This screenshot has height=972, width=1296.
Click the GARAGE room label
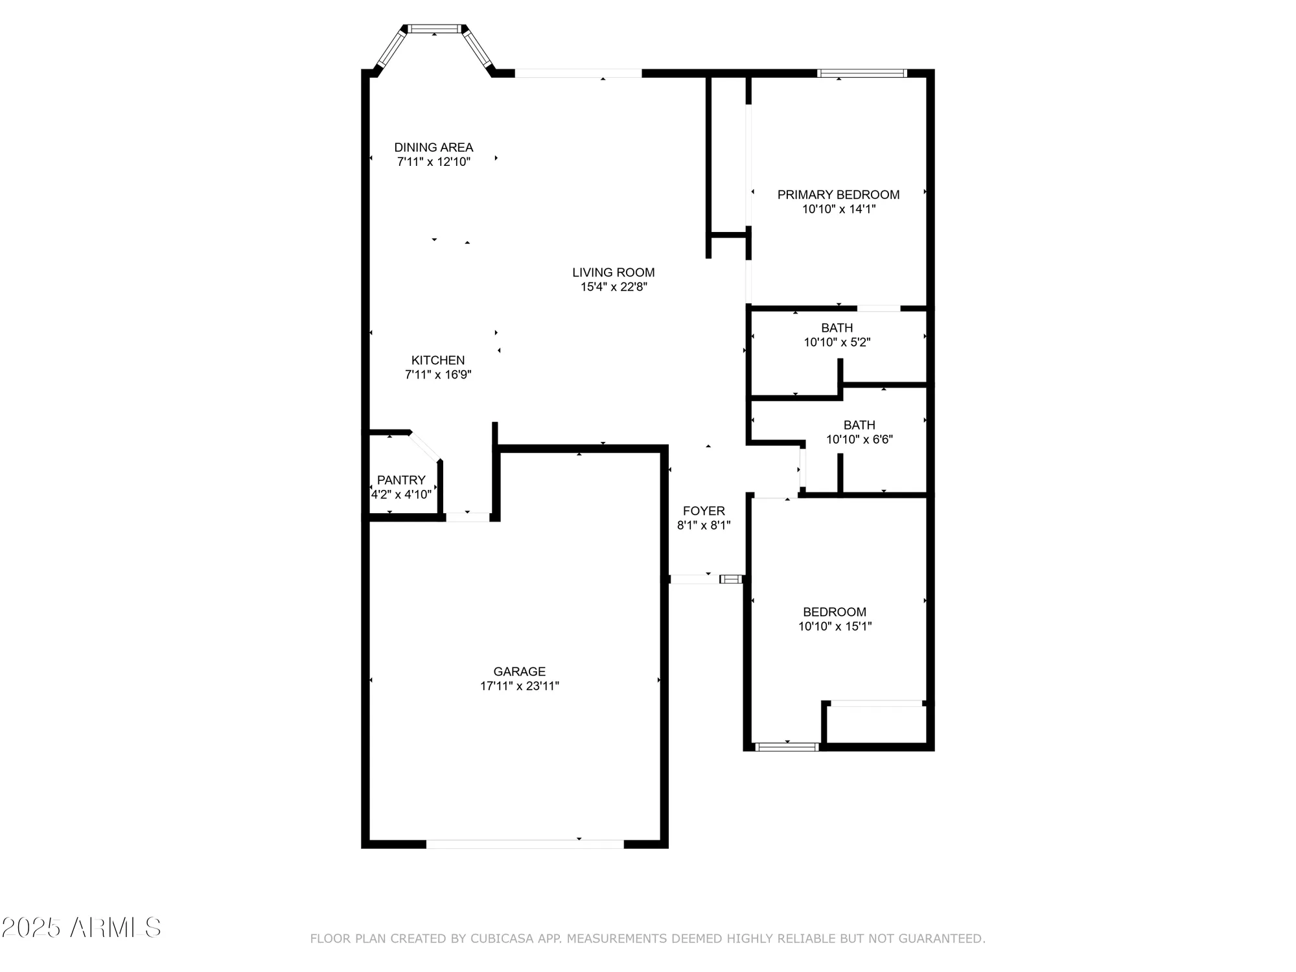519,671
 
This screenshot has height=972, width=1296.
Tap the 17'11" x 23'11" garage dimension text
519,686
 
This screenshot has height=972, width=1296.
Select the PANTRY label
401,480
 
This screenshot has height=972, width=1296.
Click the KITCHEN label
438,360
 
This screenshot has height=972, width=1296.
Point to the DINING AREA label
434,147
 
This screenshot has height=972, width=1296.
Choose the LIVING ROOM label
613,272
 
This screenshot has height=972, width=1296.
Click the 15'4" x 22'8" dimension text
613,287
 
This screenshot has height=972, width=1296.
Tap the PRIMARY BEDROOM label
838,194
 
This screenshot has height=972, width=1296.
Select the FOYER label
704,511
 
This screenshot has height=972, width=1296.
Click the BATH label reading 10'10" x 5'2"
837,328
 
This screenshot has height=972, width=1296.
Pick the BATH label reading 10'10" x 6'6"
859,425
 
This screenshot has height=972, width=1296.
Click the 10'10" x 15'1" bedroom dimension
835,627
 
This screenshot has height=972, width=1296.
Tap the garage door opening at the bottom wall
525,844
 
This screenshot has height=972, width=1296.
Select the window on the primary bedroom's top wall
861,73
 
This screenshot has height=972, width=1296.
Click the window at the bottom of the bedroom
787,747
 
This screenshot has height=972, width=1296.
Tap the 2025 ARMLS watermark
81,928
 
